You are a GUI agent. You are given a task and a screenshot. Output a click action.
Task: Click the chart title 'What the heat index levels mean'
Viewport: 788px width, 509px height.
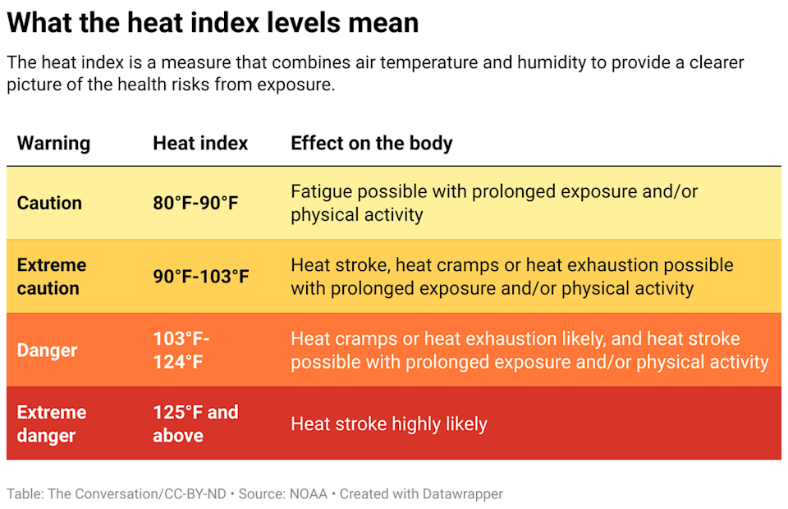213,22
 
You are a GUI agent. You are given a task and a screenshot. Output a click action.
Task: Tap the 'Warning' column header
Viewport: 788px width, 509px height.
53,143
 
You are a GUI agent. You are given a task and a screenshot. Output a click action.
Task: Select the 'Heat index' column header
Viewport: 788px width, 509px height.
200,143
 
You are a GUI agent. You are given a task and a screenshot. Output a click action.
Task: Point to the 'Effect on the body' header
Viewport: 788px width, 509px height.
371,143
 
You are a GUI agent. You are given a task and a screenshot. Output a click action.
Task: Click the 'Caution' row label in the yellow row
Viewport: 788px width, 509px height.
49,203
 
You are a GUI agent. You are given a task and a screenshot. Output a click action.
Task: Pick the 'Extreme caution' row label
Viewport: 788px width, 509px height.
51,277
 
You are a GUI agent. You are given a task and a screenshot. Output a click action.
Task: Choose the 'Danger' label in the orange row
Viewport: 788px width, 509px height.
47,350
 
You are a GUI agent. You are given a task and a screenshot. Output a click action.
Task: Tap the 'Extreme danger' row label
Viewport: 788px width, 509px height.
51,424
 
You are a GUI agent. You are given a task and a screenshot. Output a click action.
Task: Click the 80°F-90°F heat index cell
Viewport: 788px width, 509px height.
195,203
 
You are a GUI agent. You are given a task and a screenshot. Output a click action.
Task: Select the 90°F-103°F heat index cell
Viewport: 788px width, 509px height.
200,277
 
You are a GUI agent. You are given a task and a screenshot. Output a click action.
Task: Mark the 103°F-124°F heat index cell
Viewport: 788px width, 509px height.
181,350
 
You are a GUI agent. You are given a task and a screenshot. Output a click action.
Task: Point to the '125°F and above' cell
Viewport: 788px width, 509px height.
195,424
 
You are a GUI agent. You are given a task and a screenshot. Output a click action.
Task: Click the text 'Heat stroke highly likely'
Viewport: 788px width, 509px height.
389,424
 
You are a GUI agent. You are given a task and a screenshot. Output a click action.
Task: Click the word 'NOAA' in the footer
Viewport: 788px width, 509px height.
308,493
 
